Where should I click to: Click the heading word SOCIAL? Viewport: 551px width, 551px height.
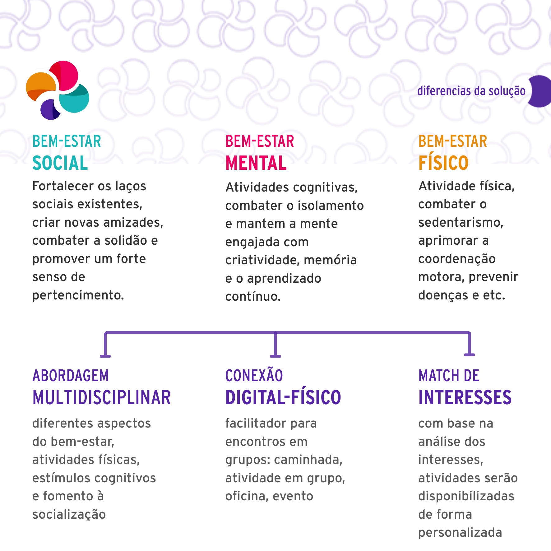tap(60, 163)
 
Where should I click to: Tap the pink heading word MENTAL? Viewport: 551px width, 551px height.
tap(256, 163)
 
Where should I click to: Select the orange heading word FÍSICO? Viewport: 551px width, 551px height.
tap(443, 163)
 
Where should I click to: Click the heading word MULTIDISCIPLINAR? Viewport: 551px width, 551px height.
tap(102, 398)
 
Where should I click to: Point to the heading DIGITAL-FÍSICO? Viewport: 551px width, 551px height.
tap(283, 398)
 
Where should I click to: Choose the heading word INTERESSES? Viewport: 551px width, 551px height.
tap(465, 398)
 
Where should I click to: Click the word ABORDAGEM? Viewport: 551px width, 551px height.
tap(71, 376)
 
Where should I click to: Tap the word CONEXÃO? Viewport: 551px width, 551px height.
tap(254, 376)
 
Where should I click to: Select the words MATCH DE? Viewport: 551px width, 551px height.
tap(449, 376)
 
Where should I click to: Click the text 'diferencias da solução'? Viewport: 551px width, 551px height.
tap(471, 91)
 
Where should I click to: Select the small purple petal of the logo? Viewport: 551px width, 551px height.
tap(49, 110)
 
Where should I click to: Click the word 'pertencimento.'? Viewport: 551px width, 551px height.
tap(78, 295)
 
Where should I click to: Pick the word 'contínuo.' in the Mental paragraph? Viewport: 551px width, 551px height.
tap(253, 296)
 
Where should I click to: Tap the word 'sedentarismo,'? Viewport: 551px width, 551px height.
tap(461, 223)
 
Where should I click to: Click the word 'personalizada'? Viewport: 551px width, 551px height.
tap(460, 532)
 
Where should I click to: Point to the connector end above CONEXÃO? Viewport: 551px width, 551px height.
tap(275, 355)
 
